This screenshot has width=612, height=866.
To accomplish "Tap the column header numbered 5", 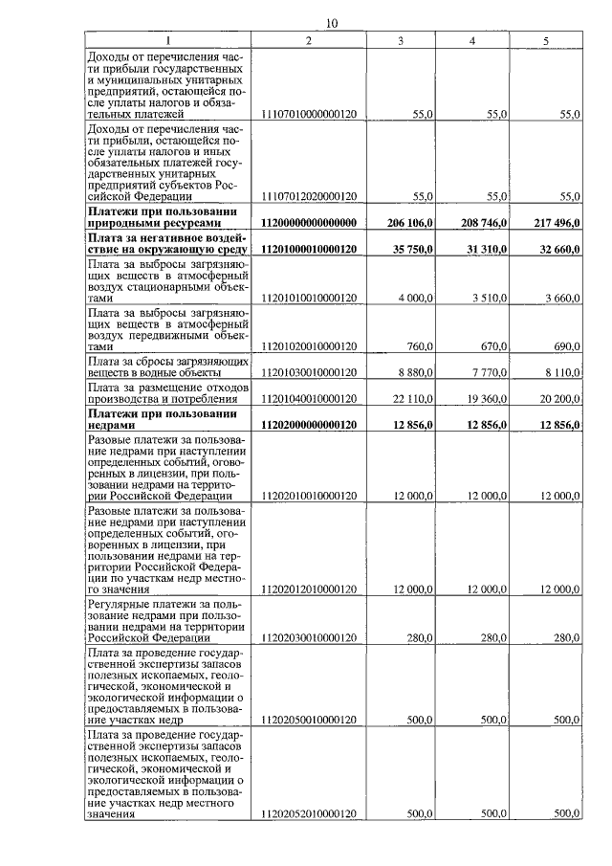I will point(545,40).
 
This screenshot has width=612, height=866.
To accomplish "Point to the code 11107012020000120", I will point(308,196).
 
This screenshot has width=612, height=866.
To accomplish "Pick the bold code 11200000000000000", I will point(308,223).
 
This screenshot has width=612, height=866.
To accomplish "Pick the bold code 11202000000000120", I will point(308,425).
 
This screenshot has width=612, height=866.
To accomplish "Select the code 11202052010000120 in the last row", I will point(308,813).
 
